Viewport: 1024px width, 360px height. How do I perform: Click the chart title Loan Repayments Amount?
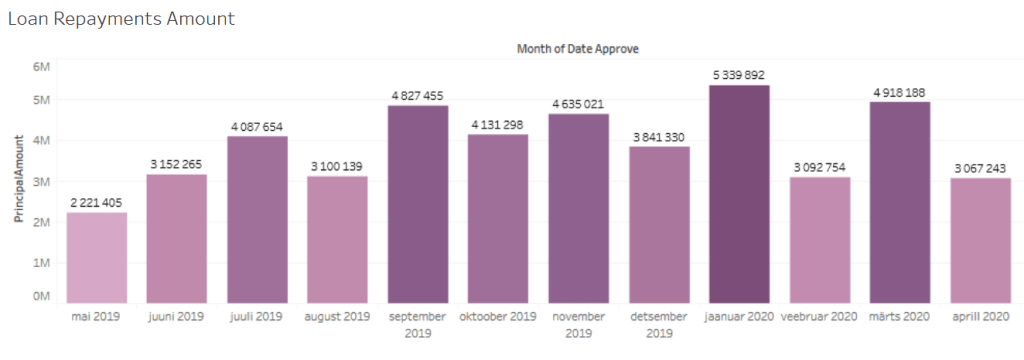[x=122, y=18]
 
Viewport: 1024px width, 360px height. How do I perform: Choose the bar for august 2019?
[x=338, y=239]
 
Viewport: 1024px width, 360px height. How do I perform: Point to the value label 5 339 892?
[x=739, y=75]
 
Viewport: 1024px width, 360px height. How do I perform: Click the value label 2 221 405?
[x=97, y=203]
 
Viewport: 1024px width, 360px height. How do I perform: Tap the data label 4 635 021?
[x=579, y=104]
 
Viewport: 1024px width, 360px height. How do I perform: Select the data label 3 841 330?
[x=659, y=137]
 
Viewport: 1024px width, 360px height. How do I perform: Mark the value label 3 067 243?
[x=979, y=168]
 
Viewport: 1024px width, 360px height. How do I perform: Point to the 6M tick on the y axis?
[x=41, y=66]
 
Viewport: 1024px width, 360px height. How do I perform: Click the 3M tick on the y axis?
[x=41, y=182]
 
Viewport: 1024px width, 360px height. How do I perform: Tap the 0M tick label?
[x=41, y=296]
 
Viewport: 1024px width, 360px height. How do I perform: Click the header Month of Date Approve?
[x=578, y=47]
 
